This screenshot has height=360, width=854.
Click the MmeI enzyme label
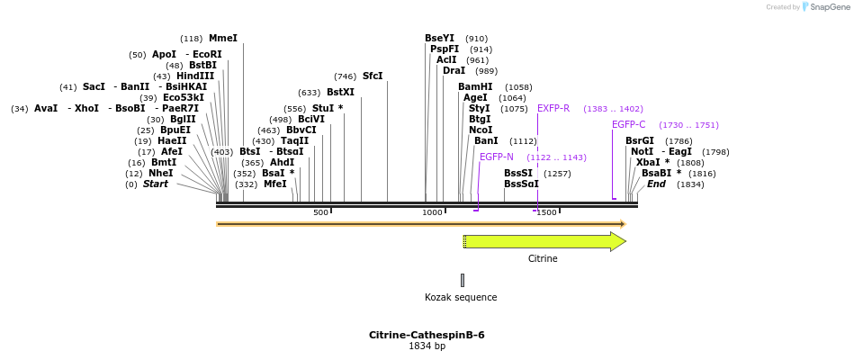pyautogui.click(x=222, y=39)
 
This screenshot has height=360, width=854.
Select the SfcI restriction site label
pyautogui.click(x=373, y=76)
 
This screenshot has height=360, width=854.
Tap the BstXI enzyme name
pyautogui.click(x=340, y=93)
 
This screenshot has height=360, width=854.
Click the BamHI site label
pyautogui.click(x=475, y=87)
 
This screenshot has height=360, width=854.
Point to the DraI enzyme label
pyautogui.click(x=454, y=70)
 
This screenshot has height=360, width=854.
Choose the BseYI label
pyautogui.click(x=440, y=38)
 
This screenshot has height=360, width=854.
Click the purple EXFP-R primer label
pyautogui.click(x=553, y=109)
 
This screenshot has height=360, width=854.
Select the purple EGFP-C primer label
pyautogui.click(x=629, y=125)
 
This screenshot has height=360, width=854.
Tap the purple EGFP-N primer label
pyautogui.click(x=497, y=157)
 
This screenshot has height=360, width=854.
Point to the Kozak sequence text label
pyautogui.click(x=461, y=298)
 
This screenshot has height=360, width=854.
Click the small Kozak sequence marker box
pyautogui.click(x=463, y=280)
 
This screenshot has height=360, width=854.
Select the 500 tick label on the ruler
pyautogui.click(x=320, y=213)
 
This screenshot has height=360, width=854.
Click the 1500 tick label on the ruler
pyautogui.click(x=546, y=213)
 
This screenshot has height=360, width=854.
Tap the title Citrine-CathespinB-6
pyautogui.click(x=427, y=335)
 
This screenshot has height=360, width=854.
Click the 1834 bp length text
pyautogui.click(x=427, y=346)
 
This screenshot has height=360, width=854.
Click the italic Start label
pyautogui.click(x=156, y=184)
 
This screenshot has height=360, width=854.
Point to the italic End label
pyautogui.click(x=656, y=184)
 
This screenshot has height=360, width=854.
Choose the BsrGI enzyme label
pyautogui.click(x=640, y=141)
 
